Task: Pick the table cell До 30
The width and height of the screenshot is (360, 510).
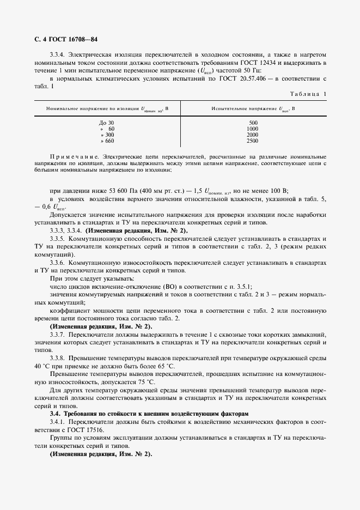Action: tap(107, 123)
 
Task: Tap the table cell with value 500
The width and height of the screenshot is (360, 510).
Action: tap(252, 123)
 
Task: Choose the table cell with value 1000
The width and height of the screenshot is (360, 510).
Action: tap(252, 129)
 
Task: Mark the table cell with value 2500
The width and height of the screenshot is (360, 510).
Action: tap(252, 141)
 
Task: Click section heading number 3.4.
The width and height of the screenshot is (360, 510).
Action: tap(55, 414)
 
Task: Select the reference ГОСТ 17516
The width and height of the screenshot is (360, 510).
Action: tap(87, 429)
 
